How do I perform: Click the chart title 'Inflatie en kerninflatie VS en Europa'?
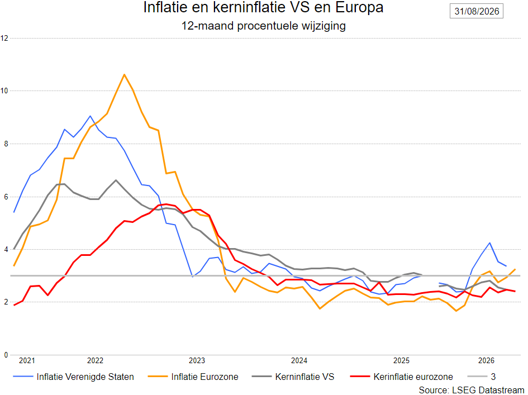[263, 7]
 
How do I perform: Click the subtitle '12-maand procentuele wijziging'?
[263, 26]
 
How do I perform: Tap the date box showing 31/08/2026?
[477, 11]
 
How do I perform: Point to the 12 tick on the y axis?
[4, 38]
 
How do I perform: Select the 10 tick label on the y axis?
[4, 91]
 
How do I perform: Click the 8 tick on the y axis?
[6, 144]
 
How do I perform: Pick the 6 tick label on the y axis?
[6, 197]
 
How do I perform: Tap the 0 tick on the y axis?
[6, 355]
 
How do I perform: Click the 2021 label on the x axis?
[27, 361]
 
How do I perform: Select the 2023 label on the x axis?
[197, 361]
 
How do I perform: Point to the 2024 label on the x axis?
[299, 361]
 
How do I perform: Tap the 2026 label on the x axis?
[486, 361]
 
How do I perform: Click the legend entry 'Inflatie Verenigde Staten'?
[73, 377]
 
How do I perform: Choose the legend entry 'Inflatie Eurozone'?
[193, 377]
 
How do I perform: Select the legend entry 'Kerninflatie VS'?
[293, 377]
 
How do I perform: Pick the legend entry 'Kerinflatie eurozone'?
[401, 377]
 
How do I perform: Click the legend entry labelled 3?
[482, 377]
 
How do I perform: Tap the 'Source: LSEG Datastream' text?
[472, 390]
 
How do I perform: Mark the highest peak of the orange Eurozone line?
[124, 74]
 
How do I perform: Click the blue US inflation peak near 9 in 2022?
[90, 116]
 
